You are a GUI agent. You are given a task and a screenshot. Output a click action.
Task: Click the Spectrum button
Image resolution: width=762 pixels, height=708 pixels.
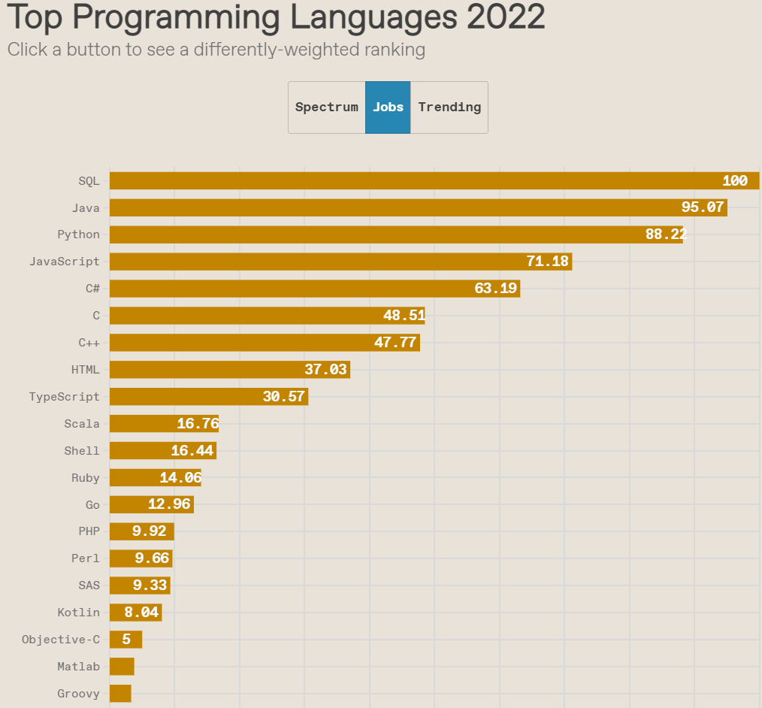(326, 107)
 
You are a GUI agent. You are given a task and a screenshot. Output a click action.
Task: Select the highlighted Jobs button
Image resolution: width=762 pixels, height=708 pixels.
(388, 107)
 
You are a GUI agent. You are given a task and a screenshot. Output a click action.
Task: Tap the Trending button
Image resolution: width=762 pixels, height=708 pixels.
(449, 107)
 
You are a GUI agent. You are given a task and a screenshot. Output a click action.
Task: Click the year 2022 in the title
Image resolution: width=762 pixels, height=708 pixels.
(505, 17)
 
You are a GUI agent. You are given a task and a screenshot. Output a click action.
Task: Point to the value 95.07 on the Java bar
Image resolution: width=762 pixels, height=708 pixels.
(702, 207)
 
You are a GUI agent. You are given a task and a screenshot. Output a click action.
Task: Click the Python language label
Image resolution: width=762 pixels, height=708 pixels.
(78, 234)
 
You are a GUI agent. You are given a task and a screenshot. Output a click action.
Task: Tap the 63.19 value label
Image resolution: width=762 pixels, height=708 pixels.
(496, 289)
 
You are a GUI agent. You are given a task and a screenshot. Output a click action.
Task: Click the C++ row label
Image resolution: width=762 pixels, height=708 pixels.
(89, 343)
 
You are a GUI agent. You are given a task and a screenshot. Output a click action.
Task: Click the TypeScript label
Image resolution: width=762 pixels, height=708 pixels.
(64, 397)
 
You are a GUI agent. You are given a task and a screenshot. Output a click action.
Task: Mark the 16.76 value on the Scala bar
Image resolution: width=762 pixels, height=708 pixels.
(198, 424)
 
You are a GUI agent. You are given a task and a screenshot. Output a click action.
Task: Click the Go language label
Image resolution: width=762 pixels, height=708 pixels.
(92, 505)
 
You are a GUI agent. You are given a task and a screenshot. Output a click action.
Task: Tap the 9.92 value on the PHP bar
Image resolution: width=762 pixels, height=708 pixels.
(149, 532)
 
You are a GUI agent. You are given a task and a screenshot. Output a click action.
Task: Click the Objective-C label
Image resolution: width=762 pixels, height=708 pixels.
(60, 640)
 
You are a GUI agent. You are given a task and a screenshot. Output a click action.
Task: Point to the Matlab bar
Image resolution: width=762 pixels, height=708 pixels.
(122, 667)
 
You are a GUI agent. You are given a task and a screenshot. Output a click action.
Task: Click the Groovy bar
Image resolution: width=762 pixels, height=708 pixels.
(120, 694)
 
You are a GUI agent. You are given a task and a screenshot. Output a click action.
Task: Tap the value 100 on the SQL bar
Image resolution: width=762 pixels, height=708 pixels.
(734, 180)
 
